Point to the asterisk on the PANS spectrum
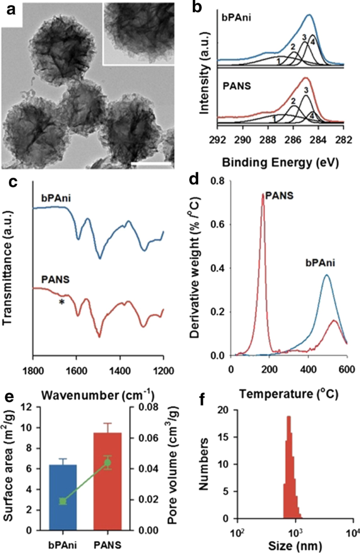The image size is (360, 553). click(x=61, y=301)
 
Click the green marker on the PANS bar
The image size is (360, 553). click(x=107, y=463)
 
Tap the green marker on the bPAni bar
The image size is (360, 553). click(x=63, y=501)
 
